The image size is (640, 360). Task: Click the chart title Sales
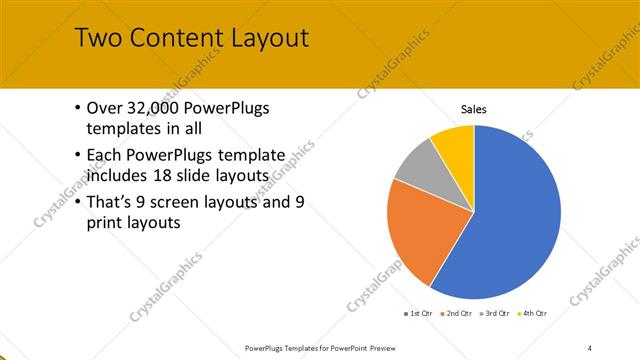pos(473,109)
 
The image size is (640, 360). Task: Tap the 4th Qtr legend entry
pos(534,313)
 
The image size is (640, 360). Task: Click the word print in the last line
pos(107,223)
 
